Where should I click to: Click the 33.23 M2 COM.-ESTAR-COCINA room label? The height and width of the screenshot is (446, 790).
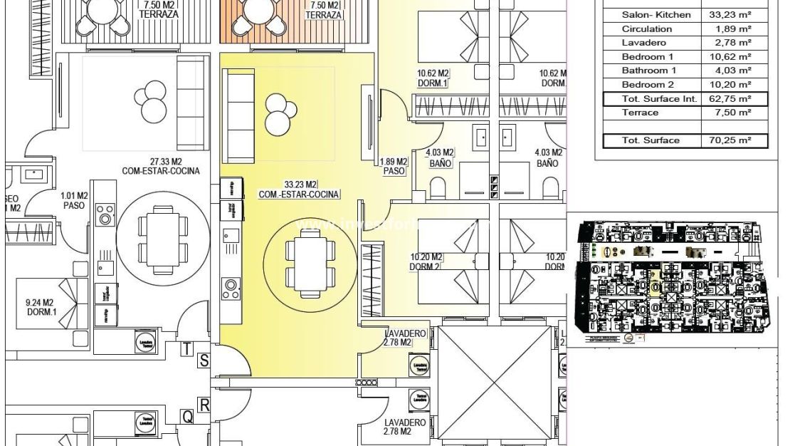click(298, 189)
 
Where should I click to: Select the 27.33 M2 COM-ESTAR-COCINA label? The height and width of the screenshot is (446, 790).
click(159, 166)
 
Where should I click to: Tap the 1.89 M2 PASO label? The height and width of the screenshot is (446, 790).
click(394, 167)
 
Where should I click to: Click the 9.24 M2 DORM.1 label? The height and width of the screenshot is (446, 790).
click(40, 307)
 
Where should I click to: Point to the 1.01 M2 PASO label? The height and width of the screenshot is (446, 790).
click(74, 200)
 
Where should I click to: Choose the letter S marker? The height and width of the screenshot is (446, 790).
click(204, 361)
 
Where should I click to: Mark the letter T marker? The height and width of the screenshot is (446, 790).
click(187, 349)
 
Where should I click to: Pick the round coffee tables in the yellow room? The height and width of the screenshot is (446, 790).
click(280, 114)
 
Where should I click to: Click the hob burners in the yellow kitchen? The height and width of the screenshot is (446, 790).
click(231, 288)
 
